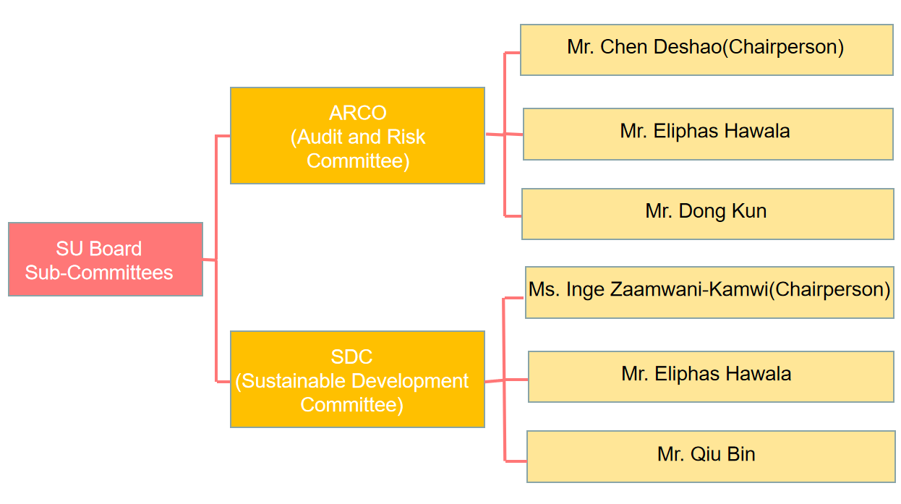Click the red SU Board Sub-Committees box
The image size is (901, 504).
[106, 259]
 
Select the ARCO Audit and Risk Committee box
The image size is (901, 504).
[358, 135]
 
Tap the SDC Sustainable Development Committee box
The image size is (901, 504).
[358, 380]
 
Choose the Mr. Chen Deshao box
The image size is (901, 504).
[706, 50]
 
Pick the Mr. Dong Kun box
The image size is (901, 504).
[707, 214]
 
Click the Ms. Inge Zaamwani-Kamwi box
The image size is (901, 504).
[709, 292]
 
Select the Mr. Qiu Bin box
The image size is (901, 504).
[710, 456]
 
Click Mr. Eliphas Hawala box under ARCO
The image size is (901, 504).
[708, 134]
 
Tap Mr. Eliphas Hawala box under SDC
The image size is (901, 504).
[711, 377]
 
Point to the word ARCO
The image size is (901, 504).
[358, 113]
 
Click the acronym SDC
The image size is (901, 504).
[351, 356]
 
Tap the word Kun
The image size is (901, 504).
[749, 210]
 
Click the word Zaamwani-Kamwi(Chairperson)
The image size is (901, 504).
[750, 290]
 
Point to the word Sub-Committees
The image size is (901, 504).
[99, 273]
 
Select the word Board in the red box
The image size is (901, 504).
[116, 249]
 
